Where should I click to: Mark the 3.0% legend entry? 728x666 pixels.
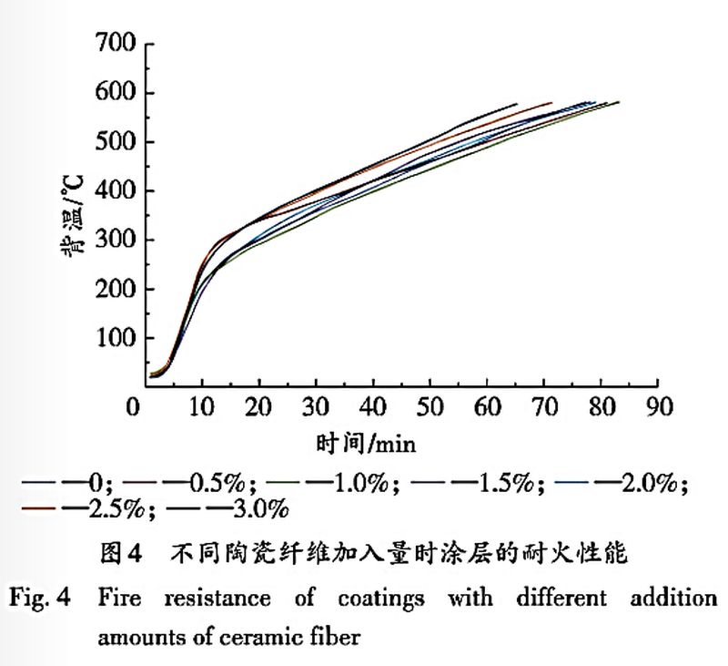coord(244,507)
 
